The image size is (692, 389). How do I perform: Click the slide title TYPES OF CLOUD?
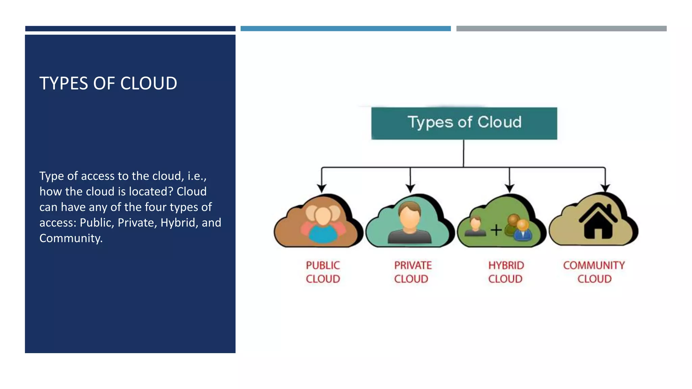click(x=108, y=83)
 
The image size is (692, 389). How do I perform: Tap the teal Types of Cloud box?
click(x=464, y=123)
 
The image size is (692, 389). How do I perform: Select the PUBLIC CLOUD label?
click(x=323, y=272)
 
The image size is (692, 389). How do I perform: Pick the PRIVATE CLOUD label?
click(x=413, y=272)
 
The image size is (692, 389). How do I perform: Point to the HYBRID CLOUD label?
click(x=506, y=272)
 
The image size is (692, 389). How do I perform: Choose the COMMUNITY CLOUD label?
click(x=594, y=272)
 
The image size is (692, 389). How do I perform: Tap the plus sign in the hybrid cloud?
click(x=496, y=230)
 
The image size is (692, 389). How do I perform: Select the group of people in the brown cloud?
click(x=323, y=223)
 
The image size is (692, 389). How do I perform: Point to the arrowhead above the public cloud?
click(x=322, y=188)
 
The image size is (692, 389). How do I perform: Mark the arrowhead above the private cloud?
click(x=410, y=188)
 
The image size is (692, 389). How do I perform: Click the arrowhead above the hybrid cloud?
click(x=510, y=188)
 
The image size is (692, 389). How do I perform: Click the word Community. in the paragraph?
click(x=71, y=238)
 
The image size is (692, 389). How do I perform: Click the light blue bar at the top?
click(x=345, y=29)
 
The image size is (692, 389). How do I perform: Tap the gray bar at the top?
click(x=561, y=29)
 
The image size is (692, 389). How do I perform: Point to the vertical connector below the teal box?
click(x=464, y=153)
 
